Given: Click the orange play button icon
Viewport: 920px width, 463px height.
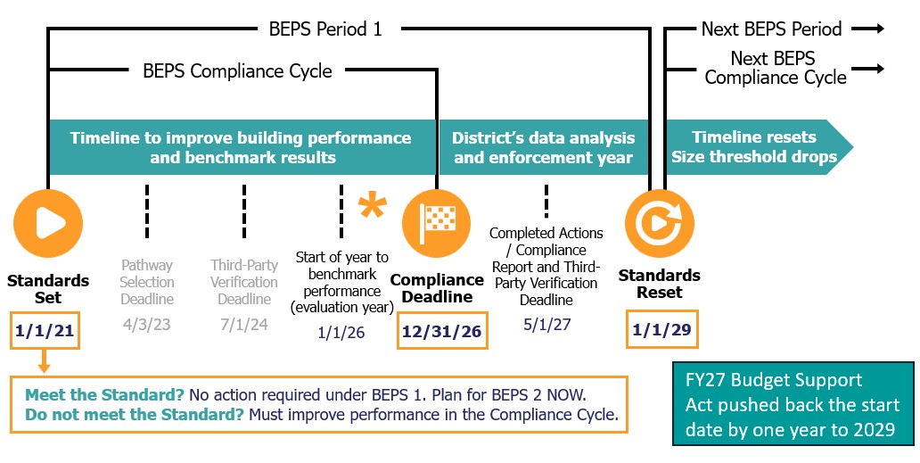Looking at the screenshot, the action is (48, 224).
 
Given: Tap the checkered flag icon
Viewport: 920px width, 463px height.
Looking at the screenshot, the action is (437, 224).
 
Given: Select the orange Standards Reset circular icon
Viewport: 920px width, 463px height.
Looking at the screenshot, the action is (660, 224).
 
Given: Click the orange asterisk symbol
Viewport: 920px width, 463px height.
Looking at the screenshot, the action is (373, 206).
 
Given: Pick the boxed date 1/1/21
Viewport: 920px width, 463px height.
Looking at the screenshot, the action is (45, 331).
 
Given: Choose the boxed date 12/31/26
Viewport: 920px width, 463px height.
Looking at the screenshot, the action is (442, 331).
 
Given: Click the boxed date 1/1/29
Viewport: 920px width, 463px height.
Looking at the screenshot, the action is (662, 329).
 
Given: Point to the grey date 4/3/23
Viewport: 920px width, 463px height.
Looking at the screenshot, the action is (147, 325).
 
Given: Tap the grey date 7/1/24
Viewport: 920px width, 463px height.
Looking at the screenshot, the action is (244, 325).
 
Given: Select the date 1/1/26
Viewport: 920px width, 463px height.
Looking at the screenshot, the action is (341, 333).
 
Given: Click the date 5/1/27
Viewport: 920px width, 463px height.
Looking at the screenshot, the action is (546, 325).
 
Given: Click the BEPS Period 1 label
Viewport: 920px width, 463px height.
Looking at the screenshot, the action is (325, 29).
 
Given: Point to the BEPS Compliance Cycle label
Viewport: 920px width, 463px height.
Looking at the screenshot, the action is (238, 71).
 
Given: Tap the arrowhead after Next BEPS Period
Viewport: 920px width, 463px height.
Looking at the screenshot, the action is (879, 29).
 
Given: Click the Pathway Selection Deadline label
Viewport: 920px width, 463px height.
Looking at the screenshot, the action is (147, 282).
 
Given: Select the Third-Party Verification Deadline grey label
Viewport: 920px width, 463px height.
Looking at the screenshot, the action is (244, 282).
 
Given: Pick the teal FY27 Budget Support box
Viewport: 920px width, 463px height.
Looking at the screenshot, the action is (793, 404).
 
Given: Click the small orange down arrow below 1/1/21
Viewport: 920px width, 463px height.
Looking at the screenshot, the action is (44, 361).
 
